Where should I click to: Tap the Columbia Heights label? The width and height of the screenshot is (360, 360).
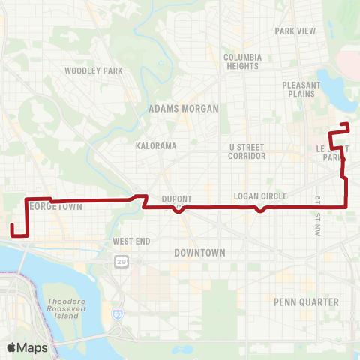pos(242,61)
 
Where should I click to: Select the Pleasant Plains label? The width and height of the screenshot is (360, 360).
pos(301,89)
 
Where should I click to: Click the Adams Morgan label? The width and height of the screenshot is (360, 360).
pos(184,109)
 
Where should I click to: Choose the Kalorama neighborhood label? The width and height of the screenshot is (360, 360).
pos(156,145)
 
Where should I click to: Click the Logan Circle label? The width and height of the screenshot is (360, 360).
pos(256,196)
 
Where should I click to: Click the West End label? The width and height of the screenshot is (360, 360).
pos(132,241)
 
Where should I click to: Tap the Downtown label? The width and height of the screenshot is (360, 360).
pos(199,253)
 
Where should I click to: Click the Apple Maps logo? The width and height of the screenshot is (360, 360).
pos(27,348)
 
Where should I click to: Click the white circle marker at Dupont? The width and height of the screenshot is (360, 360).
pos(178,208)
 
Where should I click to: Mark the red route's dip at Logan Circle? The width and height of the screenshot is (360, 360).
pos(259,210)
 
